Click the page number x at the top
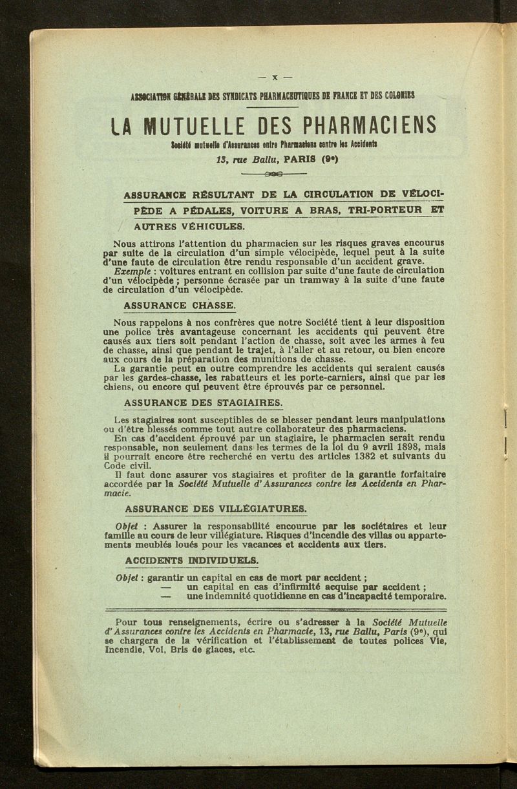[x=274, y=78]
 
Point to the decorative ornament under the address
[x=274, y=174]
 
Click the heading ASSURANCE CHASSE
[x=180, y=304]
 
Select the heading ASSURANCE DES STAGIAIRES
[x=203, y=403]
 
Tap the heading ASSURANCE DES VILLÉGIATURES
[x=216, y=508]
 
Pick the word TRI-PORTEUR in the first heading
[x=385, y=209]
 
